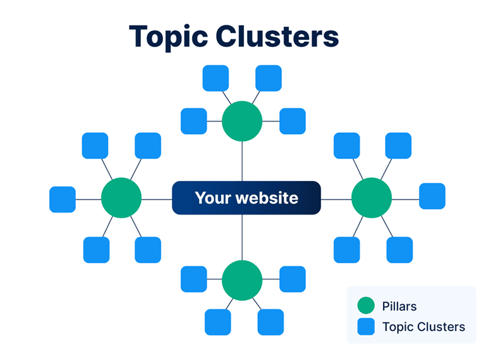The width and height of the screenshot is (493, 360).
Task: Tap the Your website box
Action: [x=246, y=198]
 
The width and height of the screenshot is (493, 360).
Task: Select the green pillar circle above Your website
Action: [x=242, y=121]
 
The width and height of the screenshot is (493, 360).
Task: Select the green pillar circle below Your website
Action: [x=242, y=279]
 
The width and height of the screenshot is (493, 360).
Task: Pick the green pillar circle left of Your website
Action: [x=121, y=198]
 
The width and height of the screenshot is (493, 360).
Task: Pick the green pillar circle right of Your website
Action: [x=372, y=198]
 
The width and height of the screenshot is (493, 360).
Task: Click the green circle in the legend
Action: [x=366, y=307]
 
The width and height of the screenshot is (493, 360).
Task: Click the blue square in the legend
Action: [x=366, y=327]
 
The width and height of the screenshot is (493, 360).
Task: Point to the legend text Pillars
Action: [x=399, y=307]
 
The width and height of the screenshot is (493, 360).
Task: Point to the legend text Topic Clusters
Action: [x=423, y=327]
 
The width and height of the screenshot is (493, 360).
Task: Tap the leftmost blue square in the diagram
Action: [x=63, y=199]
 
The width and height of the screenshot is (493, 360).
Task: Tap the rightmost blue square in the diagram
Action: [x=432, y=196]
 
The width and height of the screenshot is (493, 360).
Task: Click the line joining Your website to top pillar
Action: [x=242, y=161]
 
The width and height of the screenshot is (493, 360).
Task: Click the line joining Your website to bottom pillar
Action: [x=242, y=237]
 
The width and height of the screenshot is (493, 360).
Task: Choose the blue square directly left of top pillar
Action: [x=193, y=121]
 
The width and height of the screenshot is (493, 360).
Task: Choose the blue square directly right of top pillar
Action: [x=293, y=121]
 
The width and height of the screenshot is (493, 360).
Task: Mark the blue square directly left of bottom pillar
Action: [x=193, y=279]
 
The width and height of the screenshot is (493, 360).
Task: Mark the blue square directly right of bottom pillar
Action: [x=293, y=279]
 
